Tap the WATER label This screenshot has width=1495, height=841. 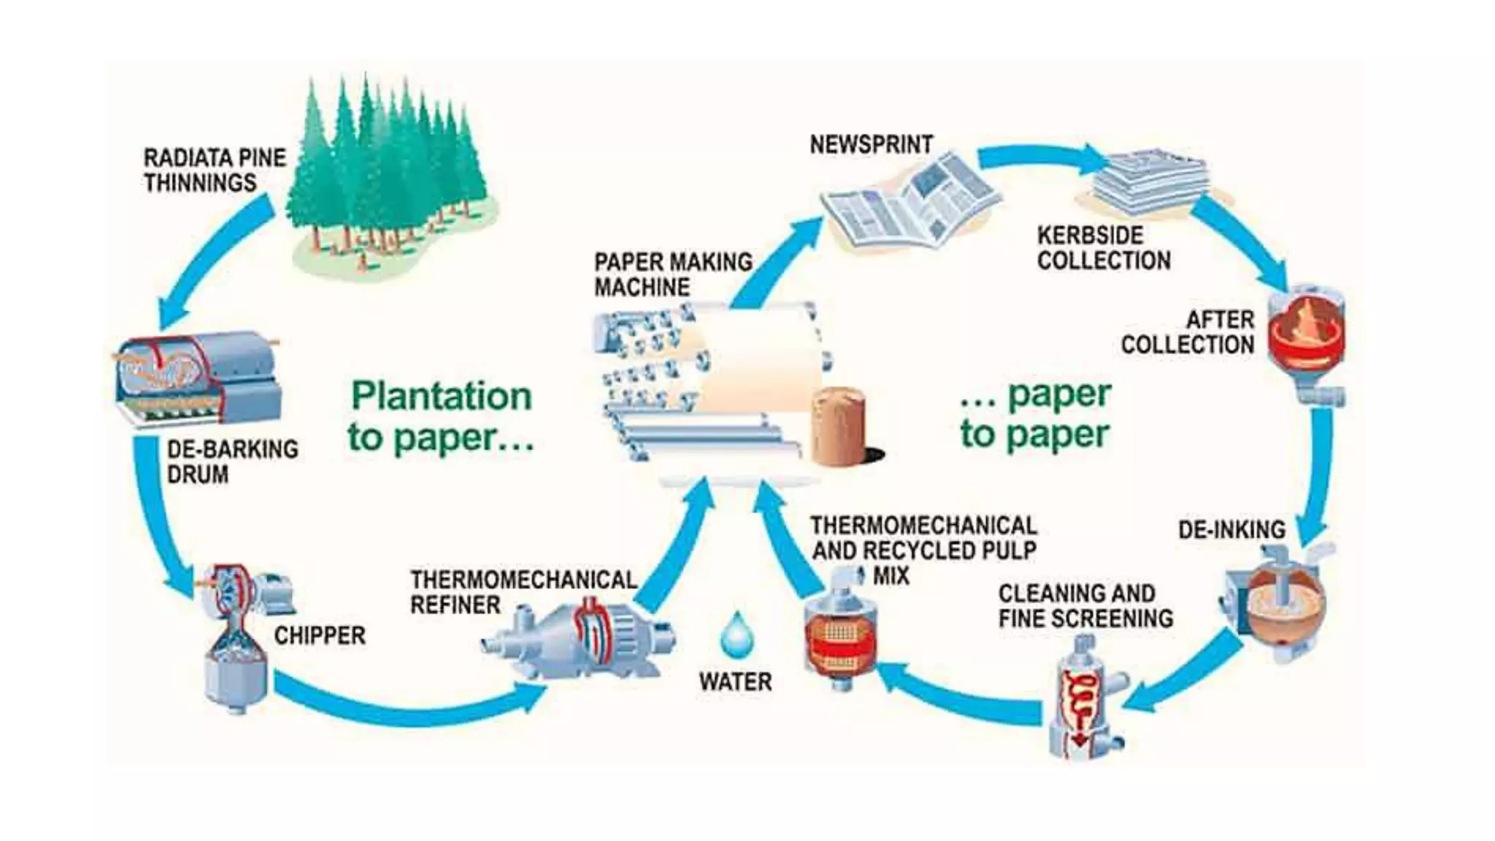[735, 682]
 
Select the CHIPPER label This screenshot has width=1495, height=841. [319, 635]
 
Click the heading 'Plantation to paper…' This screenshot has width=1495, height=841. [441, 416]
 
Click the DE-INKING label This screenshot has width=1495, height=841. [1231, 529]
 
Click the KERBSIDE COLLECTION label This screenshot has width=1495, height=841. [1103, 247]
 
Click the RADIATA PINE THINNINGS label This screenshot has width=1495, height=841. [214, 170]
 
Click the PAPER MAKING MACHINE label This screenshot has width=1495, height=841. [672, 274]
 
